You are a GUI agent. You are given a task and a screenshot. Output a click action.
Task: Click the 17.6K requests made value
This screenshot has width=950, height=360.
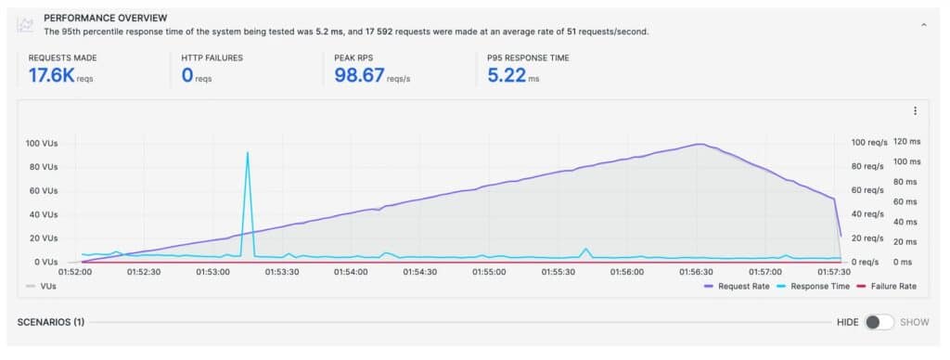pos(50,74)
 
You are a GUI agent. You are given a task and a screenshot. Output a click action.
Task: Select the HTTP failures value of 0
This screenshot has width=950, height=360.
pos(187,74)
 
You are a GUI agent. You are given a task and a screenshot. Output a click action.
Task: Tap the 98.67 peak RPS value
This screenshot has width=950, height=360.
pos(359,74)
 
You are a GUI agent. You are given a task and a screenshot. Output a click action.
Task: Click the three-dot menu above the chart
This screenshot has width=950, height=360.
pos(915,110)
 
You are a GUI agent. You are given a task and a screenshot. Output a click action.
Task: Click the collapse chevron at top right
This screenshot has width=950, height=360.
pos(923,25)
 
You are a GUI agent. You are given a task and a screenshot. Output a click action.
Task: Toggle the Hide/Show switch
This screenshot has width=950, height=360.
pos(879,322)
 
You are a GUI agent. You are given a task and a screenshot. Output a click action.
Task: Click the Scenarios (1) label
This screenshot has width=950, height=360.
pos(51,322)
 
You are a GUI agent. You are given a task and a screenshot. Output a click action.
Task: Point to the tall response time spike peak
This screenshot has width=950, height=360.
pos(247,153)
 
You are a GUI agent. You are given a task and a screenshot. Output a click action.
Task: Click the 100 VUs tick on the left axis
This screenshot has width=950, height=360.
pos(43,144)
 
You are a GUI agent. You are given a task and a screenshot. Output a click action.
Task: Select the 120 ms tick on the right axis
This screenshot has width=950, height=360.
pos(907,143)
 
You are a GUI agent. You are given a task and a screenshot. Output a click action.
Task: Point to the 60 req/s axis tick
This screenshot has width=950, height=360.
pos(867,190)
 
